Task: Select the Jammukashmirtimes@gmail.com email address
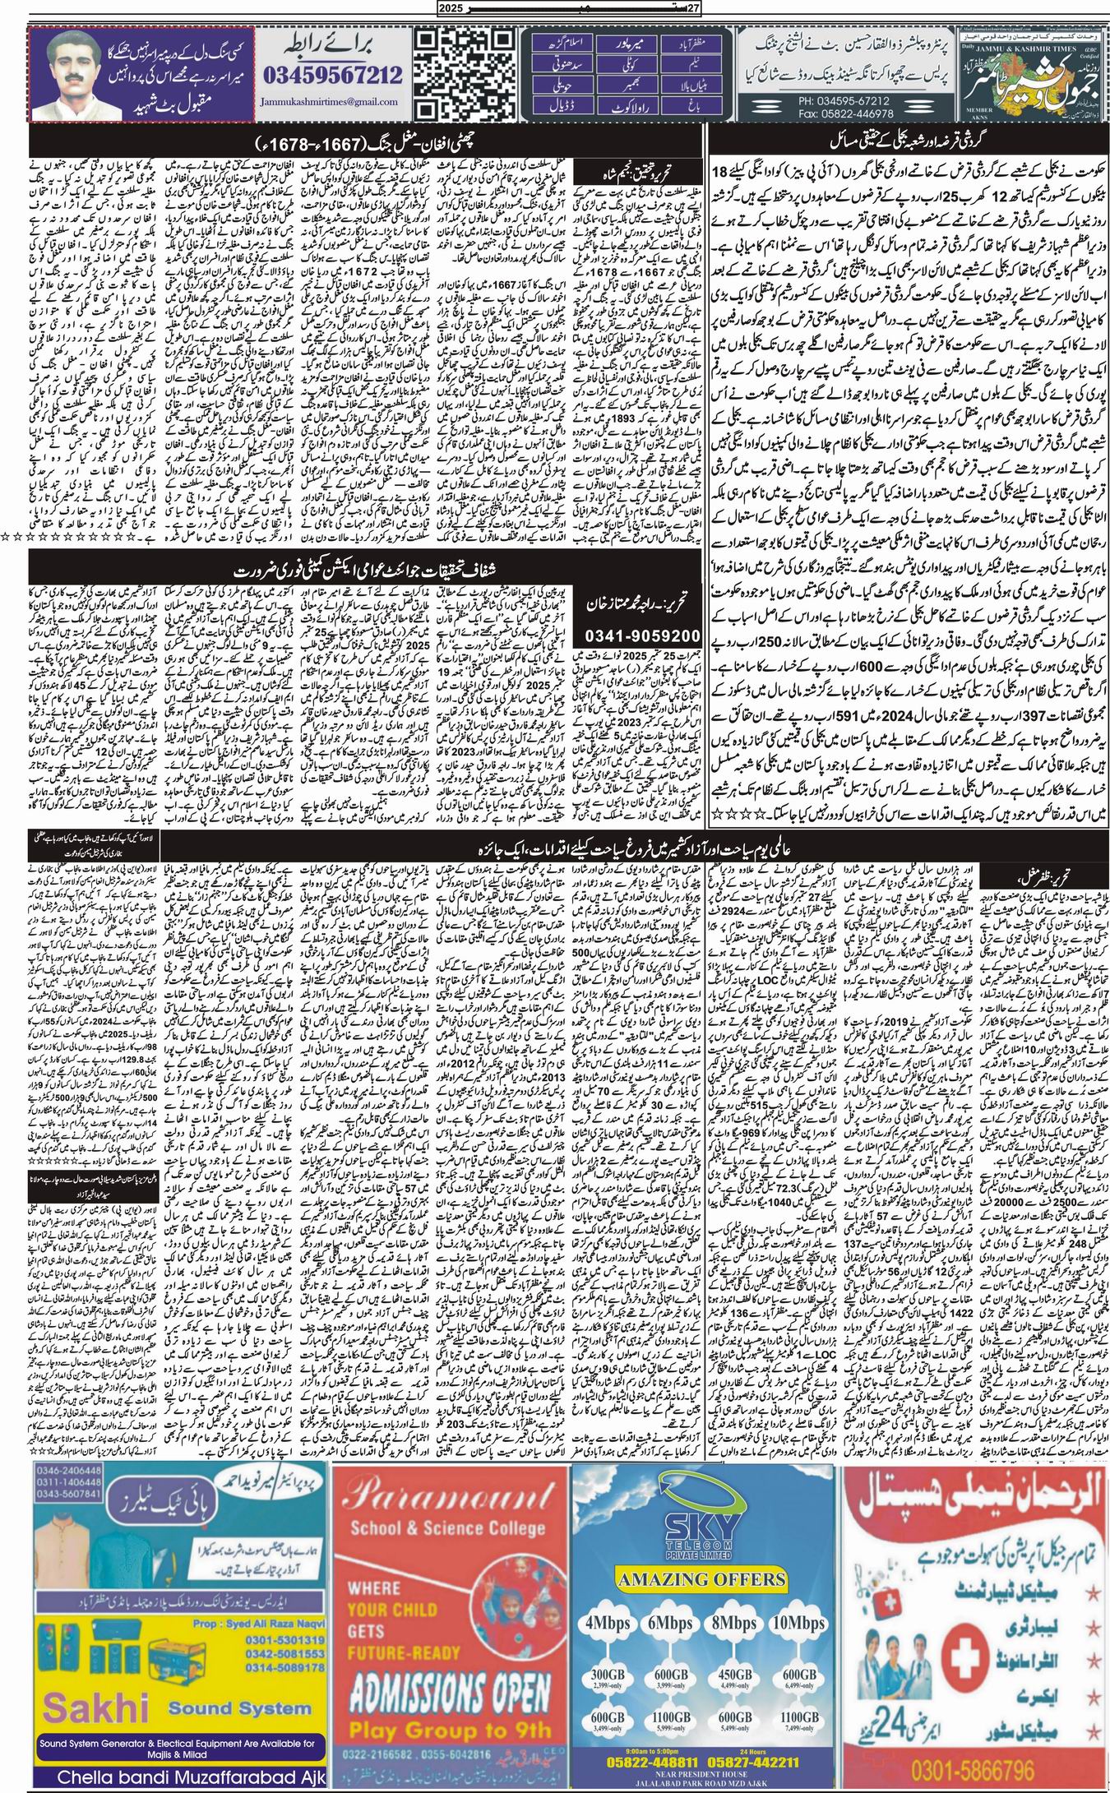pos(333,102)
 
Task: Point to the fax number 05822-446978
pos(781,112)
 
